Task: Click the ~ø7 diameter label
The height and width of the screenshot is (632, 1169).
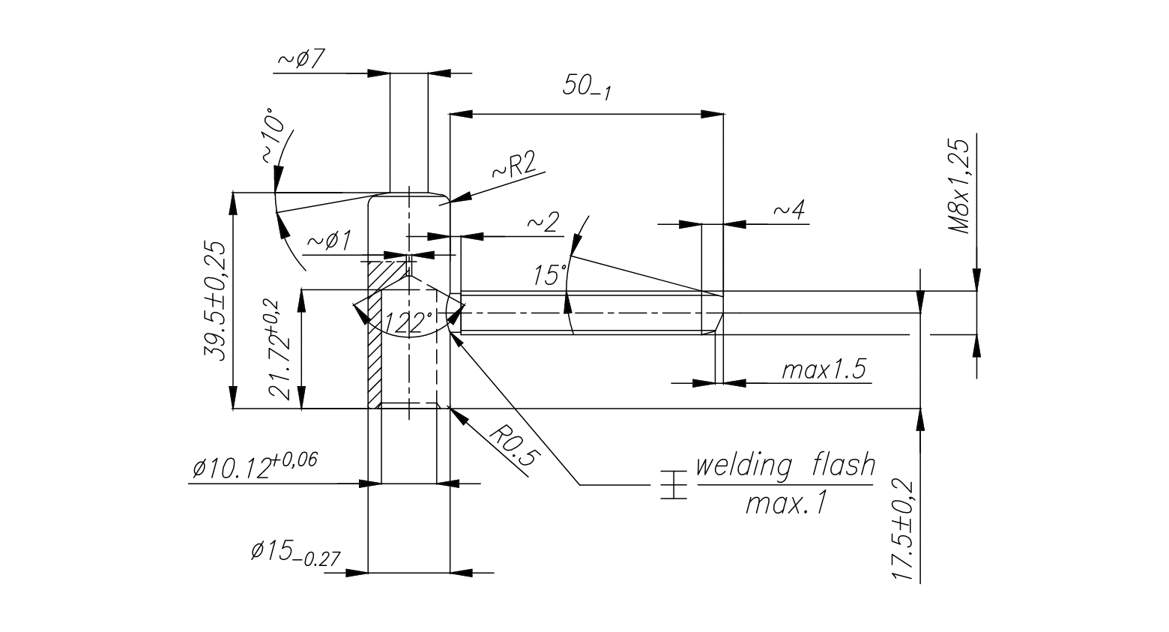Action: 300,59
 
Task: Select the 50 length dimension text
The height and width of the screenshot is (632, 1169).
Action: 587,87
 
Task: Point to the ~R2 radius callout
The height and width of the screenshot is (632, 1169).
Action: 515,167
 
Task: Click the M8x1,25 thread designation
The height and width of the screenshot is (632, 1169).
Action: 960,185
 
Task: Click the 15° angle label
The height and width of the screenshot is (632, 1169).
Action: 550,274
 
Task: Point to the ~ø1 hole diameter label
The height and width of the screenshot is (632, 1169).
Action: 329,241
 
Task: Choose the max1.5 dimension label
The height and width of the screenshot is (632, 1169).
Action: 824,370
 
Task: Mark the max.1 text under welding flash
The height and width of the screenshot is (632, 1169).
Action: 785,503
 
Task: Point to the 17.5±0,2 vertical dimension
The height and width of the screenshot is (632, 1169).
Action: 904,531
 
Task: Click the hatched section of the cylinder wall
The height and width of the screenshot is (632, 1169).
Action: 375,345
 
